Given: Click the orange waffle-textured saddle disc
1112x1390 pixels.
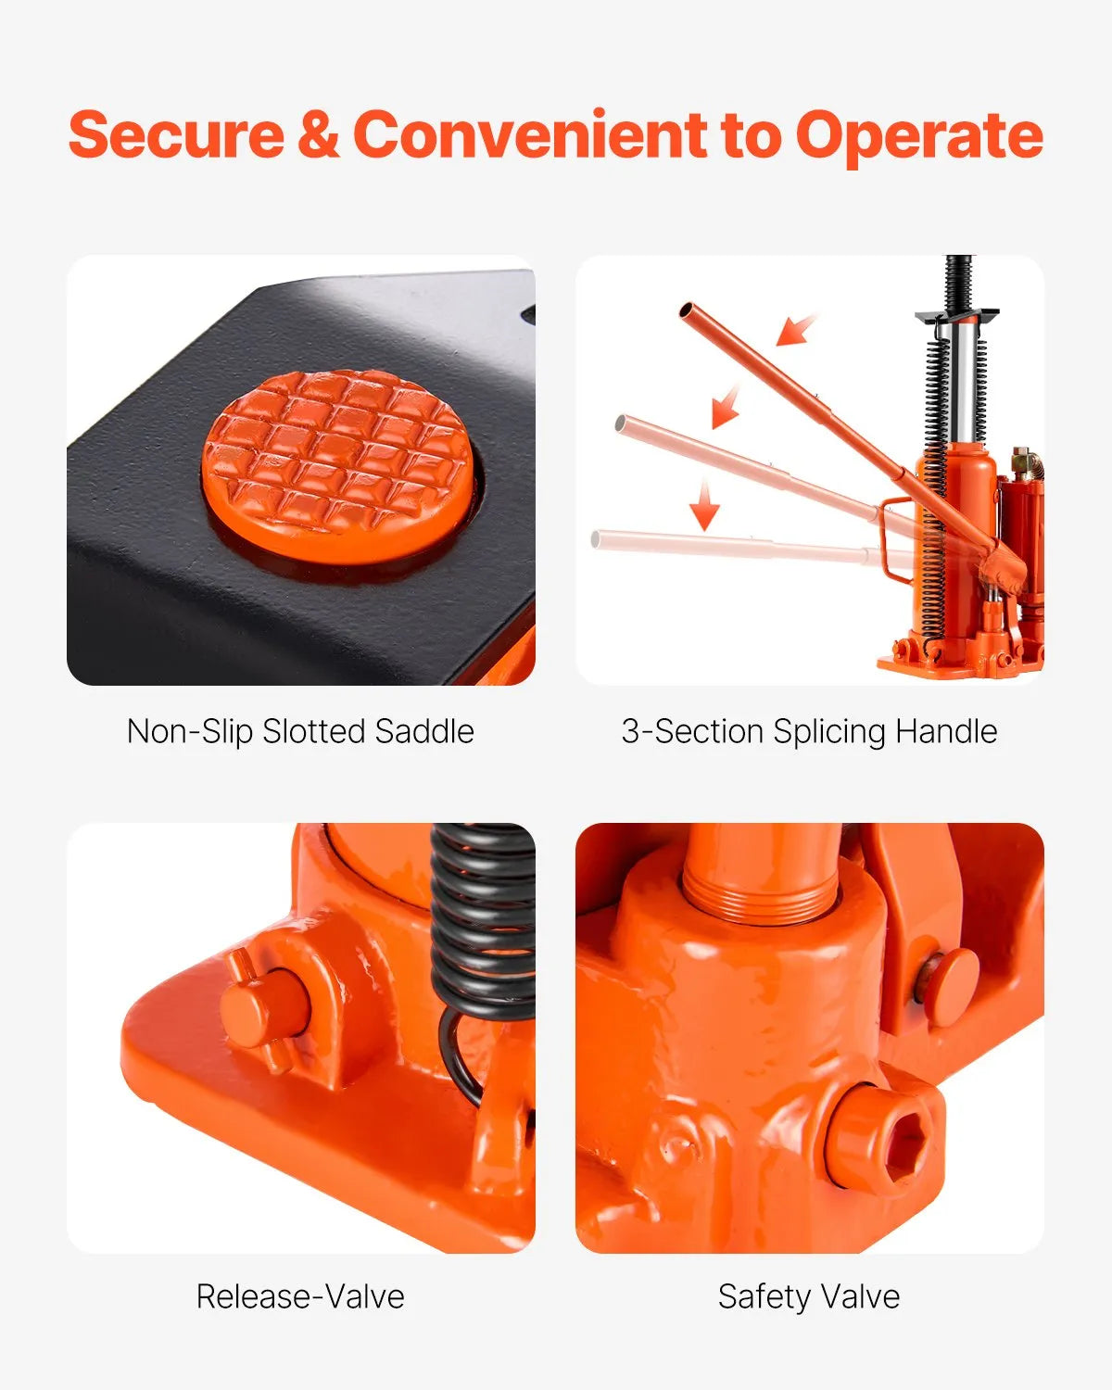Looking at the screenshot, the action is pos(337,466).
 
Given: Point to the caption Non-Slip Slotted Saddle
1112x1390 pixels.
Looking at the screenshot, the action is pos(300,732).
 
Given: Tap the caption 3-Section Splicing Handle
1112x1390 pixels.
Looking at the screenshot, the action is pos(810,732).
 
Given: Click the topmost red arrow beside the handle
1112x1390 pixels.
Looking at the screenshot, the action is pos(796,329).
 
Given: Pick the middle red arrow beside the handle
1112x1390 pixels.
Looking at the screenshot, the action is pos(726,407).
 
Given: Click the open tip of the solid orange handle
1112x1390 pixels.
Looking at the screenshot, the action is pos(687,310).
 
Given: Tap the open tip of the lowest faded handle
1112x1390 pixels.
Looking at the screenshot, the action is pos(596,538).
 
